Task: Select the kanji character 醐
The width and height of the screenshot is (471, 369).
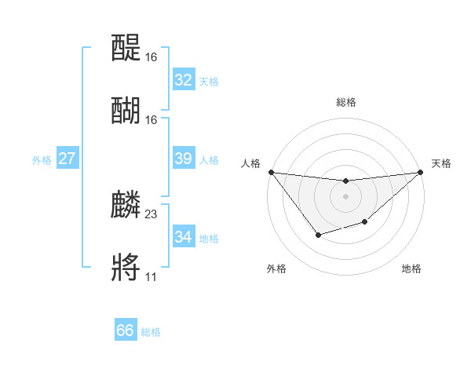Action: [x=126, y=110]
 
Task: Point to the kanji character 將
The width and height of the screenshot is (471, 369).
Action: [x=126, y=267]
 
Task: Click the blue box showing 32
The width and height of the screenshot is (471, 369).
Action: [x=184, y=80]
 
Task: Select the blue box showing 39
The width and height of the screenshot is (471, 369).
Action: [x=184, y=159]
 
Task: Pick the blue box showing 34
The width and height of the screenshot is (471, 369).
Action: [x=184, y=237]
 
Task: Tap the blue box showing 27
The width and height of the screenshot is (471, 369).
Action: [x=68, y=159]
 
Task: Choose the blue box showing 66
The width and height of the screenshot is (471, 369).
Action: [x=126, y=331]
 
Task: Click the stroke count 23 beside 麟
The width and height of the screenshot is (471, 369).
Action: [x=152, y=214]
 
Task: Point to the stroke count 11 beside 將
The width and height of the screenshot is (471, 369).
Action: [x=151, y=276]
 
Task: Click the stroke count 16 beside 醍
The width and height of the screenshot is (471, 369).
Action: [x=152, y=57]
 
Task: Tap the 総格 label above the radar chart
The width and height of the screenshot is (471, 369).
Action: [x=345, y=102]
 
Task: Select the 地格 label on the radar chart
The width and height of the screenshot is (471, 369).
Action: [x=411, y=269]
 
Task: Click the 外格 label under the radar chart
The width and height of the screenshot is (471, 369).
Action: [x=276, y=269]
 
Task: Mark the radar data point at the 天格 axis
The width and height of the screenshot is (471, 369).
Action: [x=421, y=172]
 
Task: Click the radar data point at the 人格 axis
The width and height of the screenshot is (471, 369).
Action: [x=271, y=172]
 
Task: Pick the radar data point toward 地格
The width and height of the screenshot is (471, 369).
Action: [x=364, y=223]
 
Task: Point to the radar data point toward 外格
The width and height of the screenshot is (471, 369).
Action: [x=318, y=235]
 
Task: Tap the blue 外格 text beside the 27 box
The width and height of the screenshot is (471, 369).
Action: [x=42, y=159]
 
